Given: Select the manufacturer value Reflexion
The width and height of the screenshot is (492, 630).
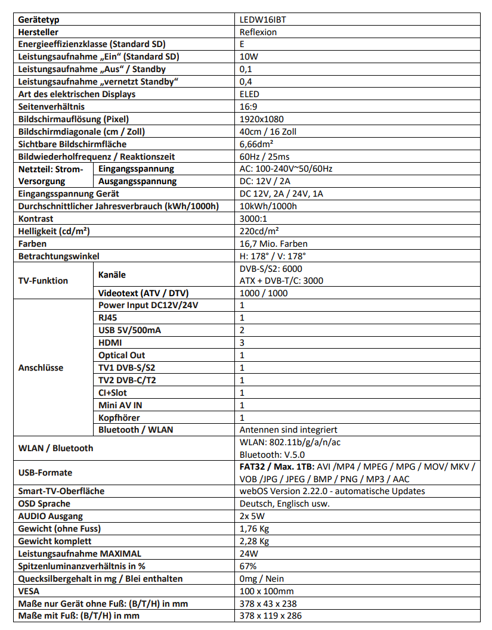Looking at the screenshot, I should pyautogui.click(x=258, y=32).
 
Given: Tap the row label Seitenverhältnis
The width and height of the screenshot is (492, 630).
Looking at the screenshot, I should pyautogui.click(x=52, y=107).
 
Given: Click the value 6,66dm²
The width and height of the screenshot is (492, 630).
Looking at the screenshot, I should pyautogui.click(x=256, y=144).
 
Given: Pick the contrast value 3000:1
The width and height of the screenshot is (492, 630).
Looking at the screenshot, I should pyautogui.click(x=253, y=219).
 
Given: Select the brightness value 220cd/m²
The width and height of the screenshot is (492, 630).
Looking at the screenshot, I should pyautogui.click(x=259, y=231).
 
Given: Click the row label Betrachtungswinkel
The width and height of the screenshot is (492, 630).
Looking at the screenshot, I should pyautogui.click(x=59, y=256).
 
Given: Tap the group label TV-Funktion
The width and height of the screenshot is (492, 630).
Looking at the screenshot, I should pyautogui.click(x=44, y=280).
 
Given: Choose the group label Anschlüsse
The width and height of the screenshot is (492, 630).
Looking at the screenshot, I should pyautogui.click(x=41, y=368).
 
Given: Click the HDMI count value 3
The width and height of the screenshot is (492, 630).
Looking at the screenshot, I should pyautogui.click(x=242, y=343).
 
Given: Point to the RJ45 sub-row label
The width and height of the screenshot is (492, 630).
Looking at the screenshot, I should pyautogui.click(x=108, y=318).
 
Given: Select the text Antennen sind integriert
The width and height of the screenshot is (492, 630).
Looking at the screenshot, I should pyautogui.click(x=288, y=430).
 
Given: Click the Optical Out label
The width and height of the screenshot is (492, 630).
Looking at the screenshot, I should pyautogui.click(x=122, y=355).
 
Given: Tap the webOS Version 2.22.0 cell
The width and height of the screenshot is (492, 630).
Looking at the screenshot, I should pyautogui.click(x=332, y=491).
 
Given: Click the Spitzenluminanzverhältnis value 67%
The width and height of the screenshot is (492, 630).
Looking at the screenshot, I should pyautogui.click(x=248, y=566).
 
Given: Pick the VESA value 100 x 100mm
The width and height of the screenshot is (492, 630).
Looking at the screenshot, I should pyautogui.click(x=267, y=591).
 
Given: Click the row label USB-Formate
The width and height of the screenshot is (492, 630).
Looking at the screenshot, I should pyautogui.click(x=45, y=473).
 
